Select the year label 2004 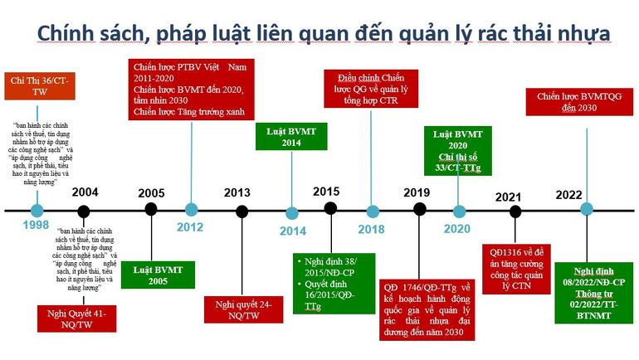[85, 192]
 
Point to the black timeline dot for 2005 [151, 209]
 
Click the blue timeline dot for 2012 [192, 209]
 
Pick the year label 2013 [237, 192]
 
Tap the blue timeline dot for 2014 [291, 212]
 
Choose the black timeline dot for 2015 [330, 208]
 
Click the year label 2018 [371, 230]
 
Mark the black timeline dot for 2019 [420, 209]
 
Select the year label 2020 [456, 230]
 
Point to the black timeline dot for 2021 [515, 212]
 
